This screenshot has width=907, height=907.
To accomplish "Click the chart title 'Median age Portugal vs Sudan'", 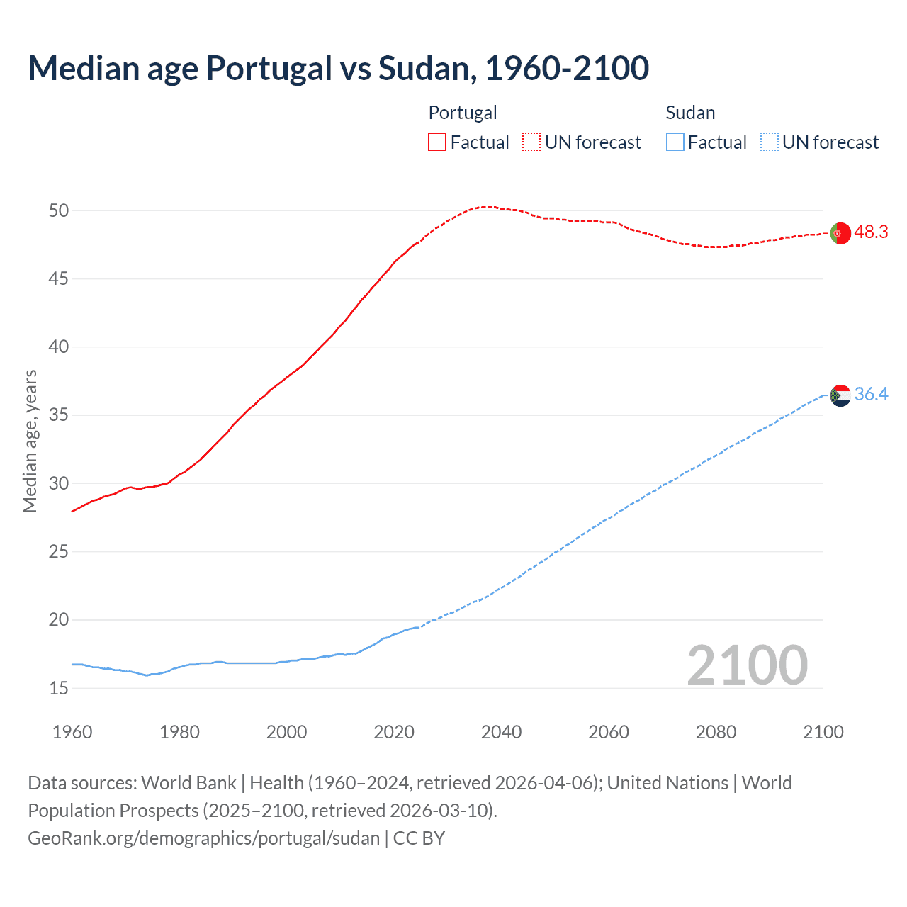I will tap(338, 69).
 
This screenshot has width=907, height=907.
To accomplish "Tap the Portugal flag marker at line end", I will tap(840, 233).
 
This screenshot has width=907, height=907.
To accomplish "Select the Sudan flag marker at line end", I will tap(840, 395).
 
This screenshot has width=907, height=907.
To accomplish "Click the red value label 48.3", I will tap(871, 232).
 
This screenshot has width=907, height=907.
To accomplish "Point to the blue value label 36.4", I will tap(871, 395).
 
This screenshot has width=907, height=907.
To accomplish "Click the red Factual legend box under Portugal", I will tap(437, 142).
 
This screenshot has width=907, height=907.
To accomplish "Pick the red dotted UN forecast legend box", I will tap(531, 142).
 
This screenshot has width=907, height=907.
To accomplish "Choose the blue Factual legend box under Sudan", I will tap(675, 142).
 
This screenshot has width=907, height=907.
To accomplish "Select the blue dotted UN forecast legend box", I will tap(769, 142).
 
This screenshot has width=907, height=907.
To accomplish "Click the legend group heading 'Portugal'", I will tap(463, 113).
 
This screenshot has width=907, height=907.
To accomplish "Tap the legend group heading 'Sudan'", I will tap(690, 113).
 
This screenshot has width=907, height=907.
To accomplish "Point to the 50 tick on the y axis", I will tap(59, 210).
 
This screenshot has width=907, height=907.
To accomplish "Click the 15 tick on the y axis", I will tap(59, 688).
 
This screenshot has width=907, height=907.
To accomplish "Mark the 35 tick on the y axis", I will tap(59, 415).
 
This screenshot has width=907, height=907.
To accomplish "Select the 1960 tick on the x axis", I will tap(72, 732).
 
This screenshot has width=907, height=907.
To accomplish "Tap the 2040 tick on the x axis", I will tap(501, 732).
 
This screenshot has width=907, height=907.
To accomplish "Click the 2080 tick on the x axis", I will tap(716, 732).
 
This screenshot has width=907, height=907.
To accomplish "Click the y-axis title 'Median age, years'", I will tap(30, 441).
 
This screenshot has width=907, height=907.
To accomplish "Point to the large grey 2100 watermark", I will tap(748, 665).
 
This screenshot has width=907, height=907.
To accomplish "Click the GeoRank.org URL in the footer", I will tap(204, 838).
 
